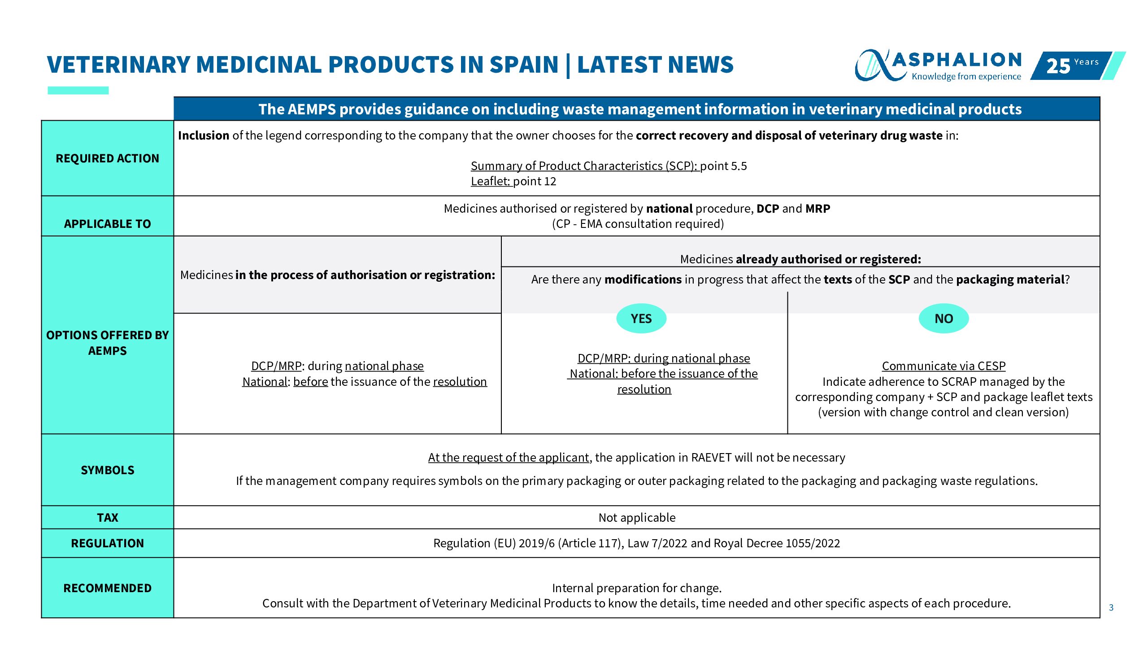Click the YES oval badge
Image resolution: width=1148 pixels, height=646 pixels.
click(x=641, y=319)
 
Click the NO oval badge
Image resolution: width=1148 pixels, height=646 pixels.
click(x=944, y=319)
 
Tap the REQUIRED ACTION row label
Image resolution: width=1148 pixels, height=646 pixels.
click(x=107, y=158)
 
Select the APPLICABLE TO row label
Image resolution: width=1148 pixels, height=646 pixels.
click(x=107, y=223)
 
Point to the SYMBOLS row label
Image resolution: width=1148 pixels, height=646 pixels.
click(x=107, y=470)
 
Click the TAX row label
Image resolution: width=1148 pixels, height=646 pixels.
click(x=107, y=518)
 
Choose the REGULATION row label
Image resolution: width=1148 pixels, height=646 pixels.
click(x=107, y=543)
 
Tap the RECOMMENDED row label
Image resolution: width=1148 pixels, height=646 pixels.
click(x=107, y=588)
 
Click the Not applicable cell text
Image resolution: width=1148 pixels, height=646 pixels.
click(x=637, y=518)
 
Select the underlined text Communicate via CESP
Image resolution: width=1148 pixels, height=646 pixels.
click(x=944, y=366)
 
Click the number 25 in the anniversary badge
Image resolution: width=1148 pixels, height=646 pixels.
click(x=1058, y=66)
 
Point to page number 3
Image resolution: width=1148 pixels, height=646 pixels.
click(x=1111, y=607)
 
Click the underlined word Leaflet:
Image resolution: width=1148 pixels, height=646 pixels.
click(x=490, y=181)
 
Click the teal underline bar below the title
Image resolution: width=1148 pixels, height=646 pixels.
click(x=78, y=91)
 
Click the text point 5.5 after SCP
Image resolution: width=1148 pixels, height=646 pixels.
click(x=724, y=166)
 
